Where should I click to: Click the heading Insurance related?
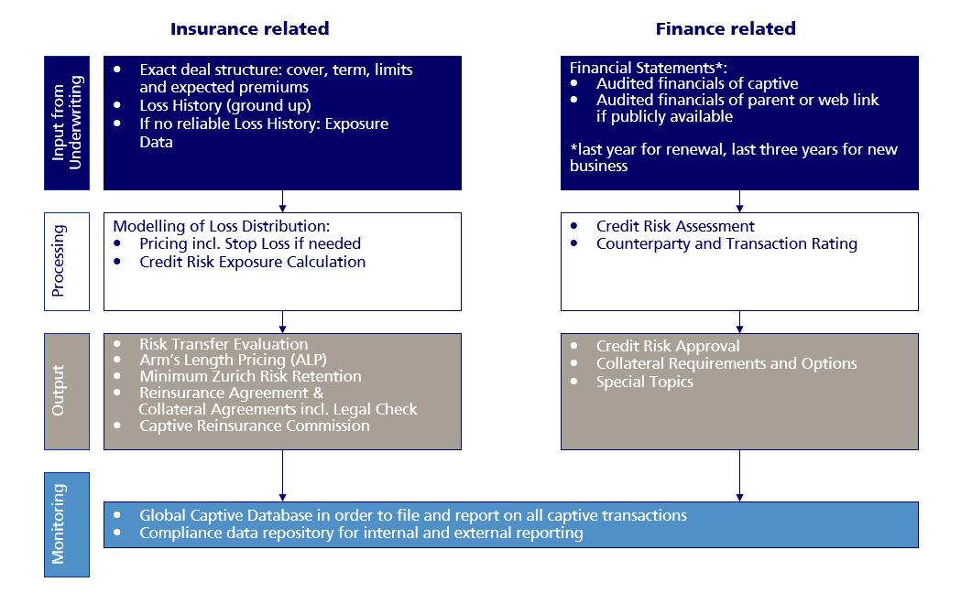click(249, 28)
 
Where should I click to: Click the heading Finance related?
click(726, 28)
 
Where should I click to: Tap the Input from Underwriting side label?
click(67, 123)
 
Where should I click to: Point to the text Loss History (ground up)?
click(225, 106)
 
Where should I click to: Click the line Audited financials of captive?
click(697, 83)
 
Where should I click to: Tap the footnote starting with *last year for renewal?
click(734, 157)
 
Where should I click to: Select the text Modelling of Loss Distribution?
click(222, 226)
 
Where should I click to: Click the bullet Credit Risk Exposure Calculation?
click(252, 262)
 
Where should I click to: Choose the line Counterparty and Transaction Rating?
click(726, 243)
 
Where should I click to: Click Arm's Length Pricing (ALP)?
click(233, 360)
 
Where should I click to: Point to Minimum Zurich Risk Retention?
click(250, 376)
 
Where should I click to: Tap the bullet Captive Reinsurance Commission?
click(255, 426)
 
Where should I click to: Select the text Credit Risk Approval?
click(668, 346)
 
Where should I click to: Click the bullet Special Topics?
click(645, 382)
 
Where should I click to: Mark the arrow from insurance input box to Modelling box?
click(282, 201)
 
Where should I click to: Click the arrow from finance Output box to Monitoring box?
click(739, 476)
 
